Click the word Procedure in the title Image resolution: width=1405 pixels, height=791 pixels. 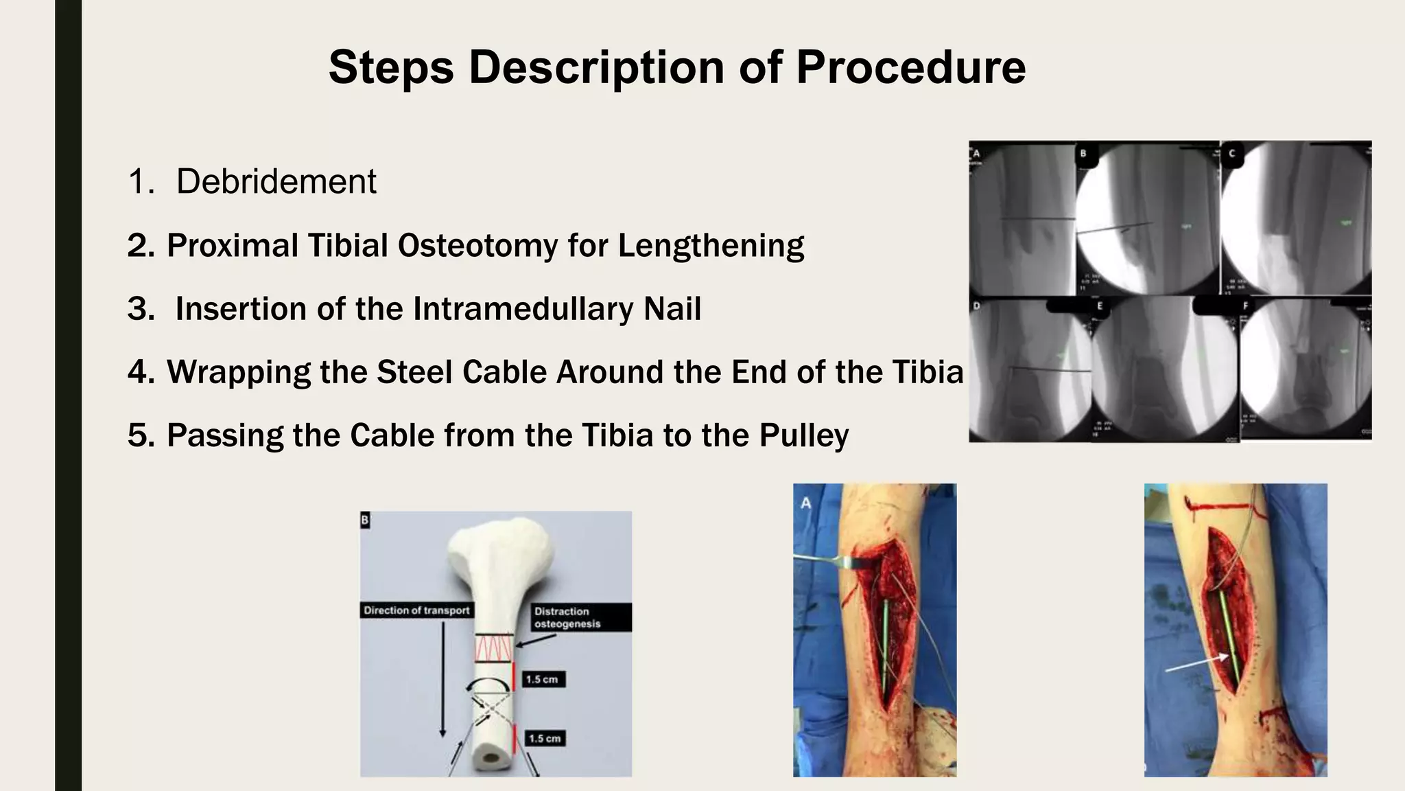(x=910, y=67)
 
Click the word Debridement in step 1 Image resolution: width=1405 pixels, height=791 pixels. (x=276, y=182)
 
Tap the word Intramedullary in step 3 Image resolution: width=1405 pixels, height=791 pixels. (x=523, y=309)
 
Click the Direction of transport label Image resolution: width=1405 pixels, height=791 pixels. (x=416, y=610)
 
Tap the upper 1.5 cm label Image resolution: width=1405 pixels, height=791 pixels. (x=543, y=679)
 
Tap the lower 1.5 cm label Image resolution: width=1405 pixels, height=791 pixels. (x=544, y=738)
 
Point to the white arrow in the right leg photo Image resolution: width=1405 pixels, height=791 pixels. (x=1197, y=663)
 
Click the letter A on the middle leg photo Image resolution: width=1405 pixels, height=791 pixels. (x=806, y=503)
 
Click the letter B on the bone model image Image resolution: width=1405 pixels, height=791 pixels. (x=365, y=520)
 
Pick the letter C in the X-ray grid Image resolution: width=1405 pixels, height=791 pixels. (x=1233, y=153)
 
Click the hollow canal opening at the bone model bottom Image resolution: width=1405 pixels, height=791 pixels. (x=491, y=760)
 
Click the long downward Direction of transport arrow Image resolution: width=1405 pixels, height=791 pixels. (x=443, y=680)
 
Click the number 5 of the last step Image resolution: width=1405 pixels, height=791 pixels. (x=140, y=436)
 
